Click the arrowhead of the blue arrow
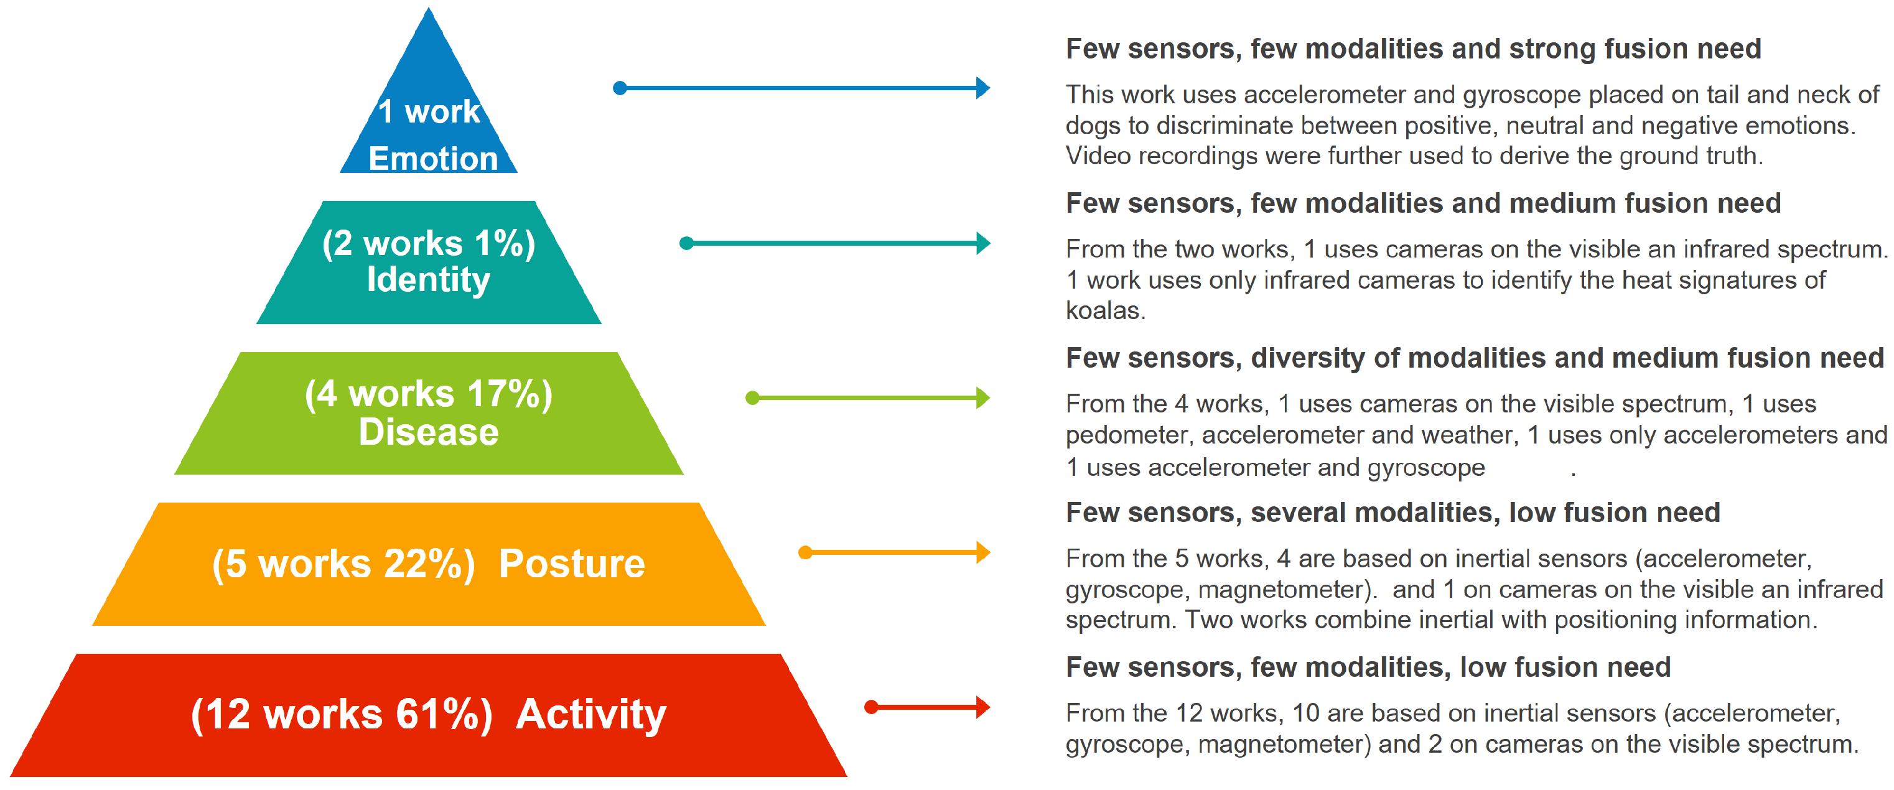[983, 88]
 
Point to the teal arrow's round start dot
[687, 243]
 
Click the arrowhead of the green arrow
[983, 397]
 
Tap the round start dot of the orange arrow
[806, 552]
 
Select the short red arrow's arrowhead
[983, 707]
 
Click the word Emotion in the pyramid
[433, 159]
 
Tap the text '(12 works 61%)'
[342, 714]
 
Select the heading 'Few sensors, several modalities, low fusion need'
[1393, 512]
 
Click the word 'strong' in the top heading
[1552, 49]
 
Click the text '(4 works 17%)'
[429, 394]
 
